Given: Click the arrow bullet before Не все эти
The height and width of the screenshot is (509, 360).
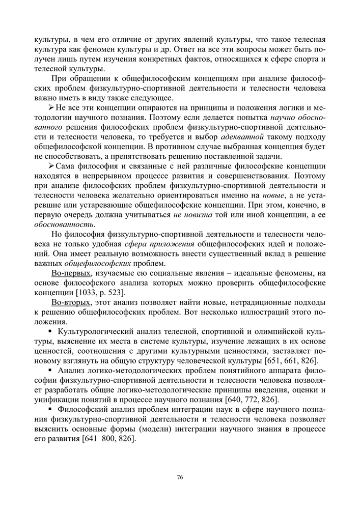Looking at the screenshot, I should point(51,108).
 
